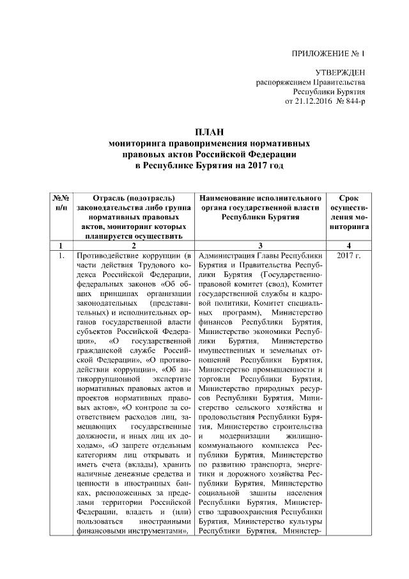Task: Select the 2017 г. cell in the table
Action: pyautogui.click(x=348, y=256)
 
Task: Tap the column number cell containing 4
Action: pyautogui.click(x=348, y=246)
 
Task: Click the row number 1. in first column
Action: pyautogui.click(x=60, y=256)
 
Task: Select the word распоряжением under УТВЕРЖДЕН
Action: pyautogui.click(x=288, y=83)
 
